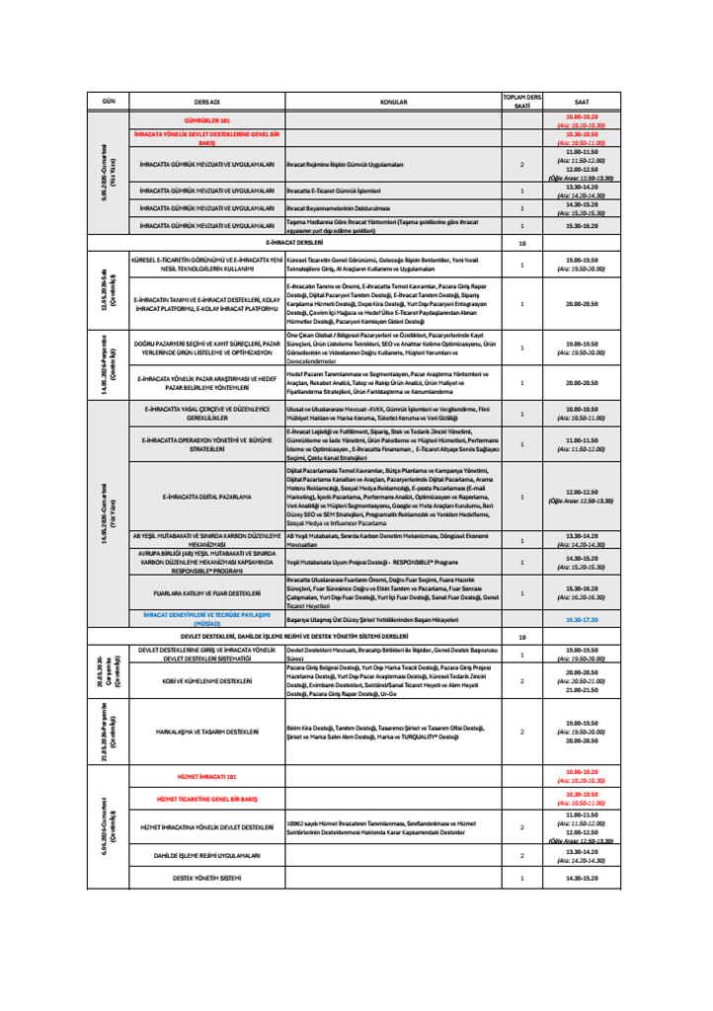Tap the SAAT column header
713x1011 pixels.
581,101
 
